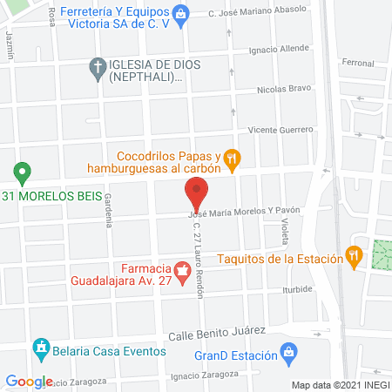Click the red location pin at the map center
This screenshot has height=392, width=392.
click(x=196, y=193)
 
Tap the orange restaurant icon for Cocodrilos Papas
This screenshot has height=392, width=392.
click(x=232, y=158)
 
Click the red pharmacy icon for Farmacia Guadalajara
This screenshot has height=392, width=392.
click(x=182, y=274)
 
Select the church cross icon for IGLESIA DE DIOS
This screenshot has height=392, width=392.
click(x=98, y=65)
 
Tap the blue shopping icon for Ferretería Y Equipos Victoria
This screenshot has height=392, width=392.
click(x=179, y=12)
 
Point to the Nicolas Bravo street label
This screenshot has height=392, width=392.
click(x=284, y=90)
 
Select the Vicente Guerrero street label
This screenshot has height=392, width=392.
click(x=280, y=129)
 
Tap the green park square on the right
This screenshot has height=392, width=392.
click(x=382, y=253)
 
